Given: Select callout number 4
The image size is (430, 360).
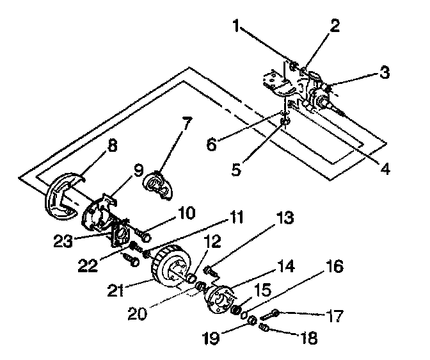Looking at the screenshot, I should coord(384,170).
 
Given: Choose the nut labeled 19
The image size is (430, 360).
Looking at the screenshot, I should coord(252,319).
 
